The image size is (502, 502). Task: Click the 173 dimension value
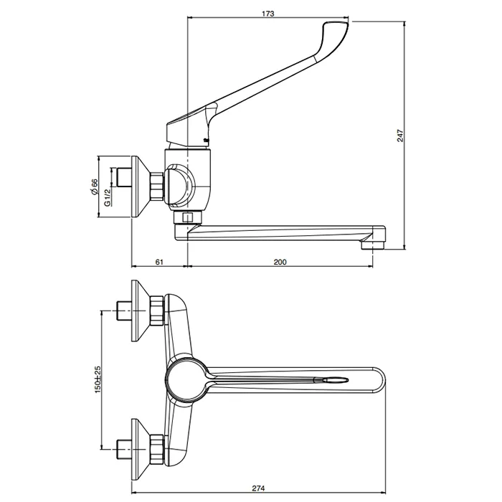268,14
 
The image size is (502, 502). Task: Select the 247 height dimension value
400,136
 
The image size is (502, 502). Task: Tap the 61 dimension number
159,262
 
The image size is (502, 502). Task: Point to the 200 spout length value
280,262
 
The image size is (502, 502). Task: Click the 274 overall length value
258,488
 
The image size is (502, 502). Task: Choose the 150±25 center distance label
98,379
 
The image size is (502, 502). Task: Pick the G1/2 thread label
108,197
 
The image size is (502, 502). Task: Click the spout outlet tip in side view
373,245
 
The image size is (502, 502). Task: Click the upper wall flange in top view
140,311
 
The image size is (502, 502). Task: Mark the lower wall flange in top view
140,449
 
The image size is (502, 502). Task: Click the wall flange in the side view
140,188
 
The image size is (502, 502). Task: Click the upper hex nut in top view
157,311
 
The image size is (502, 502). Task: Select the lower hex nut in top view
157,449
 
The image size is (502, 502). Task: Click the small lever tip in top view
336,379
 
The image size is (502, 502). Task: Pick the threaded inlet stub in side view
123,176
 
